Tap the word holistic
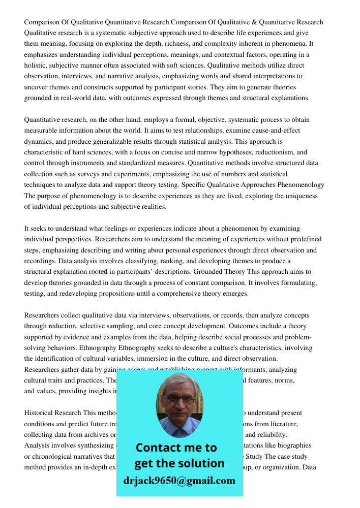coord(36,66)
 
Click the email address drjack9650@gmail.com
coord(179,481)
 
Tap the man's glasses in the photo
coord(179,399)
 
